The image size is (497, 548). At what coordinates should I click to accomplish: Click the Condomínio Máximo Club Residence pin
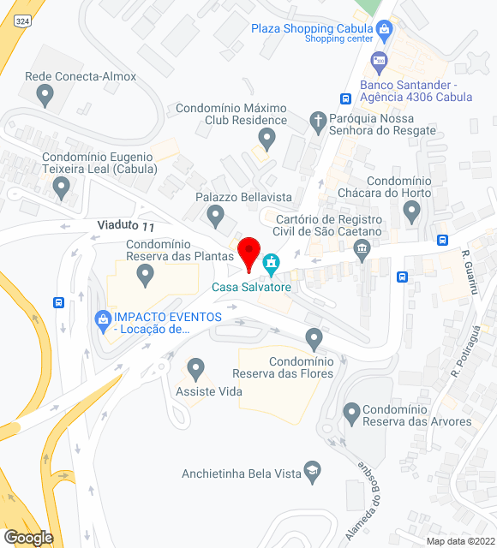tap(267, 140)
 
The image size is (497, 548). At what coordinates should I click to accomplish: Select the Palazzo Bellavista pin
tap(215, 214)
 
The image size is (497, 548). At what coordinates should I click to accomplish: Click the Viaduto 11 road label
tap(125, 226)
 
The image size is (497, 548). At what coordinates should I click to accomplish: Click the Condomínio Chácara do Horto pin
tap(412, 211)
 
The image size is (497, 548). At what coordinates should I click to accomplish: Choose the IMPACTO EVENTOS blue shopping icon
tap(103, 319)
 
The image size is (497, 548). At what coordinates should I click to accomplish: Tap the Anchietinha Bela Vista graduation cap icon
tap(313, 471)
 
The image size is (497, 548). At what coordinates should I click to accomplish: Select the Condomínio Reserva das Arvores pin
tap(350, 413)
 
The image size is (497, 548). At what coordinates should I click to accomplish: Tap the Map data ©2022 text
tap(460, 541)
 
